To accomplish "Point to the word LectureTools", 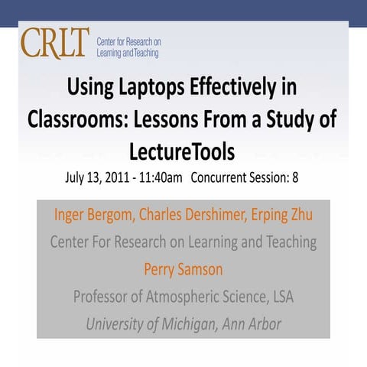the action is (x=183, y=151).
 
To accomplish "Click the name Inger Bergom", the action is (x=92, y=214).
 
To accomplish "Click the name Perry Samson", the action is (x=183, y=269).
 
